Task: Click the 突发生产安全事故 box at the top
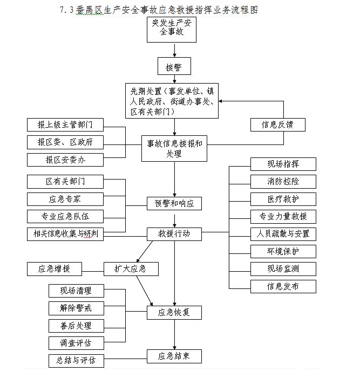click(172, 29)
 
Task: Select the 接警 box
click(174, 66)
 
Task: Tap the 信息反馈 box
click(277, 125)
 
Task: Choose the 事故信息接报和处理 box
click(174, 148)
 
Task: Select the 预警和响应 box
click(174, 203)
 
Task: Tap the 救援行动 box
click(174, 234)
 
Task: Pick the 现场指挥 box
click(283, 164)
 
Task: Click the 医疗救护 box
click(283, 199)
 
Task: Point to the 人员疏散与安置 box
click(283, 234)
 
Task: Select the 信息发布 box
click(283, 286)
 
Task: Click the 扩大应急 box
click(131, 268)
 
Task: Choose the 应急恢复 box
click(174, 312)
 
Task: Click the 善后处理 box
click(76, 326)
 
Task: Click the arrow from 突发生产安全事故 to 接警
click(174, 50)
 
